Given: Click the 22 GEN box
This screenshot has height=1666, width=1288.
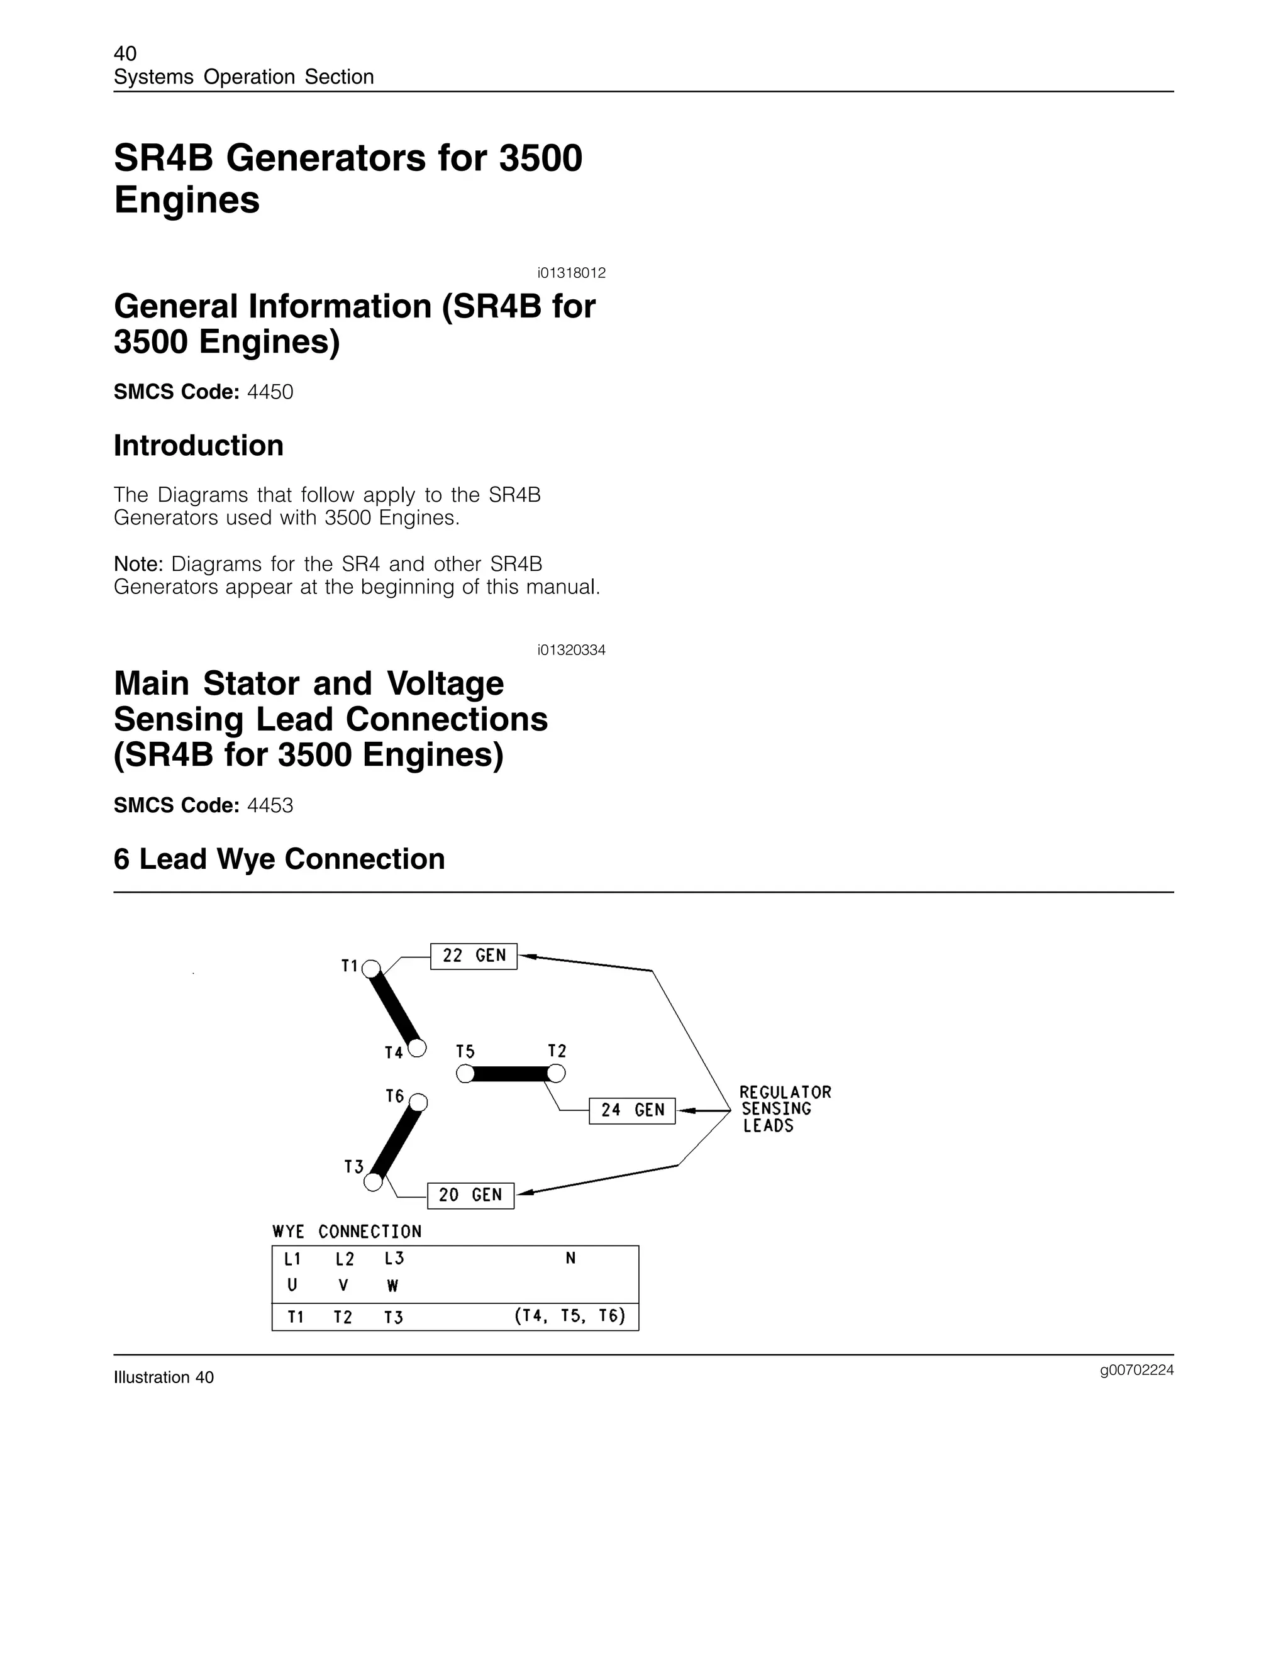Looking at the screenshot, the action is (473, 956).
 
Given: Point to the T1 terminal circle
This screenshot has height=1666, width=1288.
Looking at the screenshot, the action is (371, 969).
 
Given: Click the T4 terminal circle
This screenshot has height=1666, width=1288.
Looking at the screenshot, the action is (418, 1048).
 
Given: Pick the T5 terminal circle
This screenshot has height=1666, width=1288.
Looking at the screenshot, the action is (465, 1074).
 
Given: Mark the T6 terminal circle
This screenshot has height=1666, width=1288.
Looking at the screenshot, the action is (418, 1103).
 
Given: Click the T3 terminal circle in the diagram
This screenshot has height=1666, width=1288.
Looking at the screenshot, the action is (373, 1182).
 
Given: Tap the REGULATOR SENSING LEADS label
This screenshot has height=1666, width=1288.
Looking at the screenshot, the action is (784, 1109).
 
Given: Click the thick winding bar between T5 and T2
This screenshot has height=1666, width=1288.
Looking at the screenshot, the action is (511, 1074).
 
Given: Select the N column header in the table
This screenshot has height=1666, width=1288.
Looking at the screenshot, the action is (570, 1259).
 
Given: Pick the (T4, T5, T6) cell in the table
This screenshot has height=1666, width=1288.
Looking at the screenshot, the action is (570, 1316).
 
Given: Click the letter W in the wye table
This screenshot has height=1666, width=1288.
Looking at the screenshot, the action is (393, 1286).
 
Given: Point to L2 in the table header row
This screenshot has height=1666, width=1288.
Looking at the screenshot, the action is (345, 1259).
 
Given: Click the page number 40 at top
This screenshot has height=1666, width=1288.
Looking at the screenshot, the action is (125, 53).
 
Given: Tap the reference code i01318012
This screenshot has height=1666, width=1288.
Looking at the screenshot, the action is (571, 273).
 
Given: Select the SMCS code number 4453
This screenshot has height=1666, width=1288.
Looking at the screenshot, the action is (270, 805).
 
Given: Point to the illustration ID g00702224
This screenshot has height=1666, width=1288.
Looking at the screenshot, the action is (1136, 1371).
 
